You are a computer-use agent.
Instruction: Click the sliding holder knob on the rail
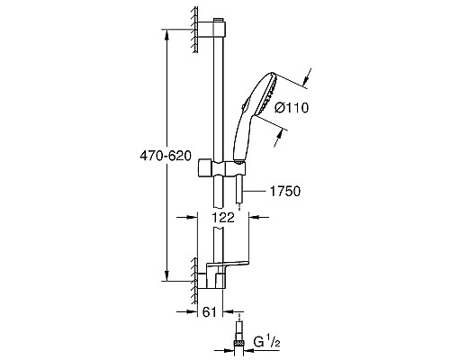pos(208,167)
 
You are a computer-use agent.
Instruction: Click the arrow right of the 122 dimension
pos(254,218)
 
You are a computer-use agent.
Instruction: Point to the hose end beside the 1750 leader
pos(238,202)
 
